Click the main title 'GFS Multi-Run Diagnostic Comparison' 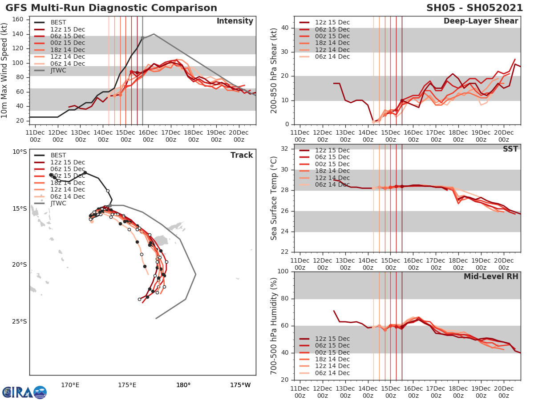111,8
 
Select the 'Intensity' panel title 235,21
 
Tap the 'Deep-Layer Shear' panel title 481,21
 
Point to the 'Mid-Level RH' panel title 491,276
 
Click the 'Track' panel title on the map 242,155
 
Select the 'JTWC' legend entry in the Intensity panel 58,70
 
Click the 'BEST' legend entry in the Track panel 58,155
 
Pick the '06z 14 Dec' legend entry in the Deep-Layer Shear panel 332,56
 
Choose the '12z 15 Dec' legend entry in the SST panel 332,150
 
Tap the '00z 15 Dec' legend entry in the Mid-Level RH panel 332,352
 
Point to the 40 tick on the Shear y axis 285,28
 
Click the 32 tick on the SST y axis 285,149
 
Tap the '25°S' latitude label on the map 19,321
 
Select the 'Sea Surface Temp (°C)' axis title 274,198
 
